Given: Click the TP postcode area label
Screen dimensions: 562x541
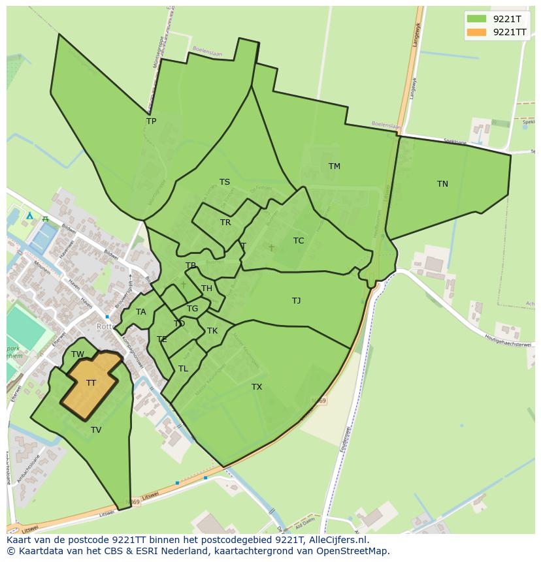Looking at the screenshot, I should [x=151, y=121].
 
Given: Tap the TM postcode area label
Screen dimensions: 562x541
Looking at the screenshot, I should [x=334, y=166].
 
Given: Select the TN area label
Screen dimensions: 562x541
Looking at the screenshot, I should [x=442, y=184].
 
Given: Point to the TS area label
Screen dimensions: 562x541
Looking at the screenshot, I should [x=224, y=182].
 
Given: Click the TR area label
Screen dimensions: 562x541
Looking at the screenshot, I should [x=225, y=223].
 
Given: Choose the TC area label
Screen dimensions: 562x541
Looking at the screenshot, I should [x=299, y=241].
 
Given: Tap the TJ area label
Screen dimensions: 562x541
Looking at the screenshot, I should [x=296, y=301].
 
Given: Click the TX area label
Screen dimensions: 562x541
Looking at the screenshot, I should [x=257, y=387].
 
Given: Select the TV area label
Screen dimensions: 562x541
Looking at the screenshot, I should [x=96, y=430].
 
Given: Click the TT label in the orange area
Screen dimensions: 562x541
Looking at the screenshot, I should [x=91, y=383].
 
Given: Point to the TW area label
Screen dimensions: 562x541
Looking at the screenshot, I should [x=78, y=354].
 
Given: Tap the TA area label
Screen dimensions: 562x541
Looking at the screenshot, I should [x=141, y=312].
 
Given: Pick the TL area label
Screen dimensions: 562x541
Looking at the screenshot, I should [x=183, y=369].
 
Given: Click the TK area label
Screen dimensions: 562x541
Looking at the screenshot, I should [x=212, y=331].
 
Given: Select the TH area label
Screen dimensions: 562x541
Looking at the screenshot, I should [x=206, y=289].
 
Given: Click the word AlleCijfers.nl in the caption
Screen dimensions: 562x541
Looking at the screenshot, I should [x=336, y=540].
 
